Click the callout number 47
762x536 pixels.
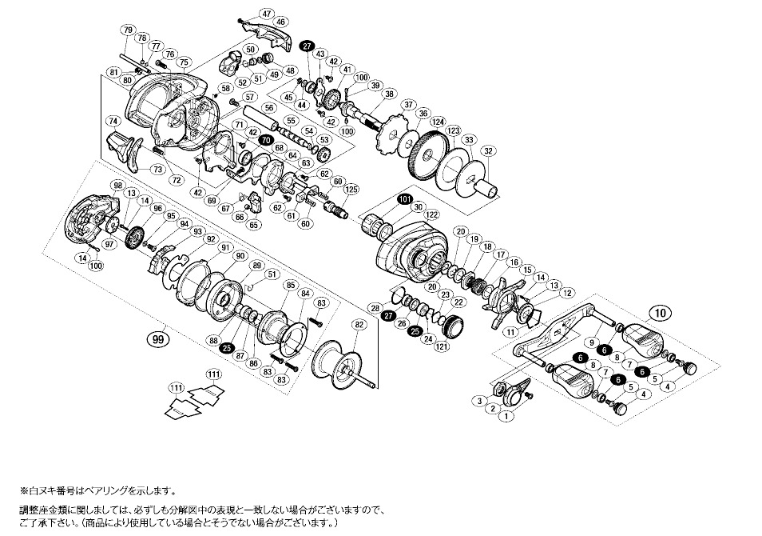pos(267,14)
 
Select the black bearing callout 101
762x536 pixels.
pos(403,198)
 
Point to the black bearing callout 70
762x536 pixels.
pos(265,138)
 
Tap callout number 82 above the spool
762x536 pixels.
pos(359,325)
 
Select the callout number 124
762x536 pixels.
pos(437,121)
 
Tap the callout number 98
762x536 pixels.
pos(118,186)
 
